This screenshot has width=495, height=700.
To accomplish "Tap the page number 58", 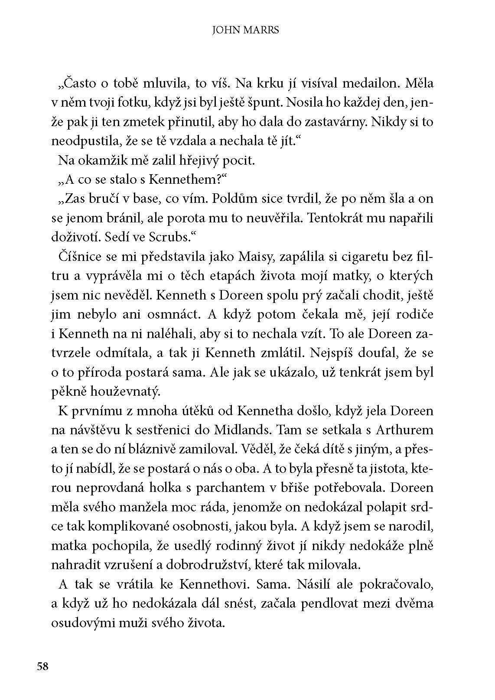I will tap(42, 666).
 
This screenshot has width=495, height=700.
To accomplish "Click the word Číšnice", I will tap(78, 257).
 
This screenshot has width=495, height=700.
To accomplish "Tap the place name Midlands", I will tap(242, 430).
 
